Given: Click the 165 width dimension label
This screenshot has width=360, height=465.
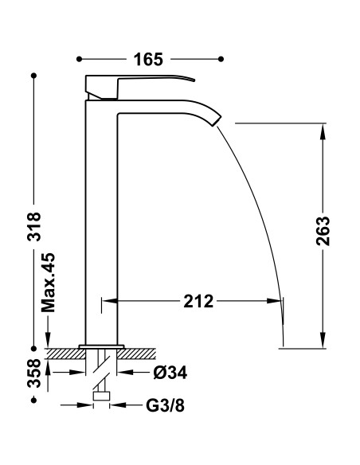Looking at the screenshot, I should point(148,59).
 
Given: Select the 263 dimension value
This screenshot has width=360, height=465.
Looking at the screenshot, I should point(323,232).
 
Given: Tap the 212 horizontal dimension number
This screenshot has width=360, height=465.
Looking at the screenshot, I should point(197,301).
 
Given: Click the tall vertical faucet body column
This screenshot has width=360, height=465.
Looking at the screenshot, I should point(101,223).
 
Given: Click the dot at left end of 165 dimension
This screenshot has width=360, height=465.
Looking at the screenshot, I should point(80,59).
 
